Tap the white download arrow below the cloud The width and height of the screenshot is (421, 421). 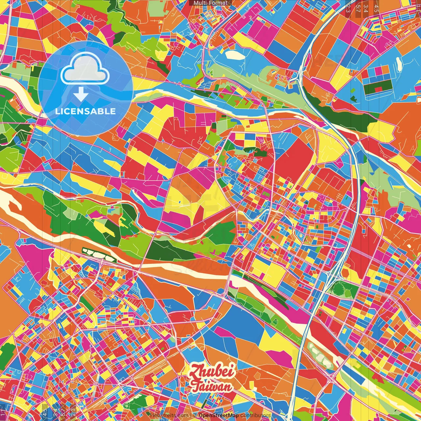(x=80, y=94)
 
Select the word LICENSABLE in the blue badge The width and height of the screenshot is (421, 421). (x=86, y=111)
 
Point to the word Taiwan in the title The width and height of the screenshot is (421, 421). (x=212, y=387)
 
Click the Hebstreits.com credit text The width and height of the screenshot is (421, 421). (x=169, y=415)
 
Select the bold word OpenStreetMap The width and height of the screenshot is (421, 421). (x=218, y=415)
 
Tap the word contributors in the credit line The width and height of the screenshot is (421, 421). (x=256, y=415)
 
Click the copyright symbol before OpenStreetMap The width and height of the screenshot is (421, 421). (x=195, y=415)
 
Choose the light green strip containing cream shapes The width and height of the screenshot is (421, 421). (x=319, y=355)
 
